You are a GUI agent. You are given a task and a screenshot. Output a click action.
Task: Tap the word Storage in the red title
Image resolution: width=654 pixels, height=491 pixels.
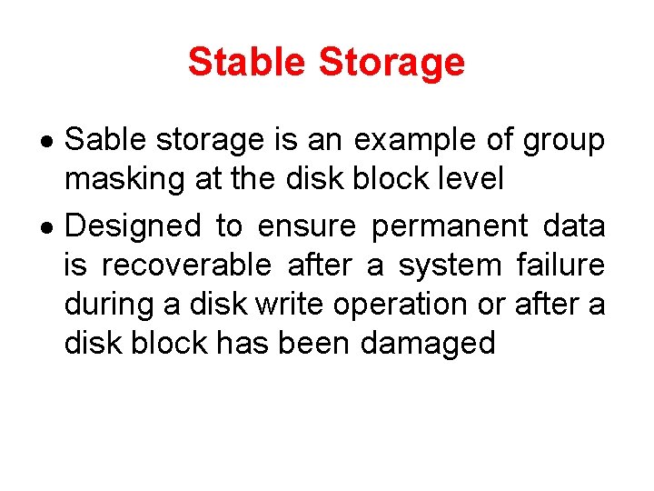click(391, 62)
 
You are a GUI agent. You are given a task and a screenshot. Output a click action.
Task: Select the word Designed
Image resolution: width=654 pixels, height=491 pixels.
click(134, 225)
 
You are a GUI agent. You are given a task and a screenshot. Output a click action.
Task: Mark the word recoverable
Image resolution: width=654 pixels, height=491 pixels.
click(186, 266)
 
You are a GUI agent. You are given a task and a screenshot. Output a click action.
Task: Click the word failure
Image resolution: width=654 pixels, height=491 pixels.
click(560, 266)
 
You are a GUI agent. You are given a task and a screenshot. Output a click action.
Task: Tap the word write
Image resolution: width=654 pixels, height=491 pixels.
click(291, 305)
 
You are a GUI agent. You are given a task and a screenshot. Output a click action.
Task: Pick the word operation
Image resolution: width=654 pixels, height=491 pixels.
click(405, 306)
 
